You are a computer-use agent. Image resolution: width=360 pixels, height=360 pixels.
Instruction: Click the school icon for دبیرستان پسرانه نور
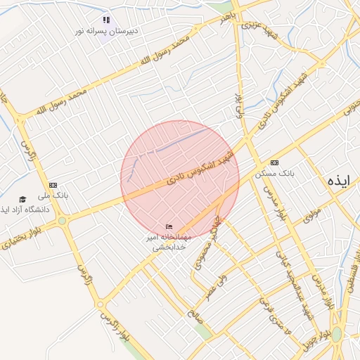pos(106,20)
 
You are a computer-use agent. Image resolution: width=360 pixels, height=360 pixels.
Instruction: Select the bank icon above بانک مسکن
pos(274,162)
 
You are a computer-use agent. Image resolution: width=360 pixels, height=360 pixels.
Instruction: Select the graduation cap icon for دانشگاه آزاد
pos(22,200)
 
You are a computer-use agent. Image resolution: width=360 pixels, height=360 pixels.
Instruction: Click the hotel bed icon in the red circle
pos(168,226)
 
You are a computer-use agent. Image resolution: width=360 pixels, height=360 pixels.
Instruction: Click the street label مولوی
pos(312,215)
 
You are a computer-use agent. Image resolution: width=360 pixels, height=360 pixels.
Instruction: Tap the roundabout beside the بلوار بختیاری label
pos(63,221)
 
